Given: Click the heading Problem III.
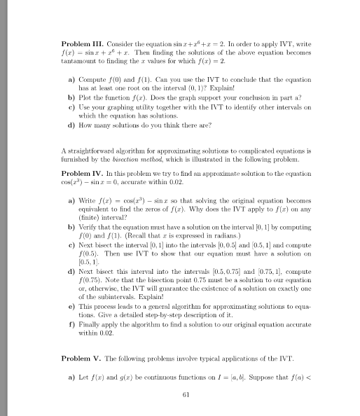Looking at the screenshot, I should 83,43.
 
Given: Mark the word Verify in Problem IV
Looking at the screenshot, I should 88,233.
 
